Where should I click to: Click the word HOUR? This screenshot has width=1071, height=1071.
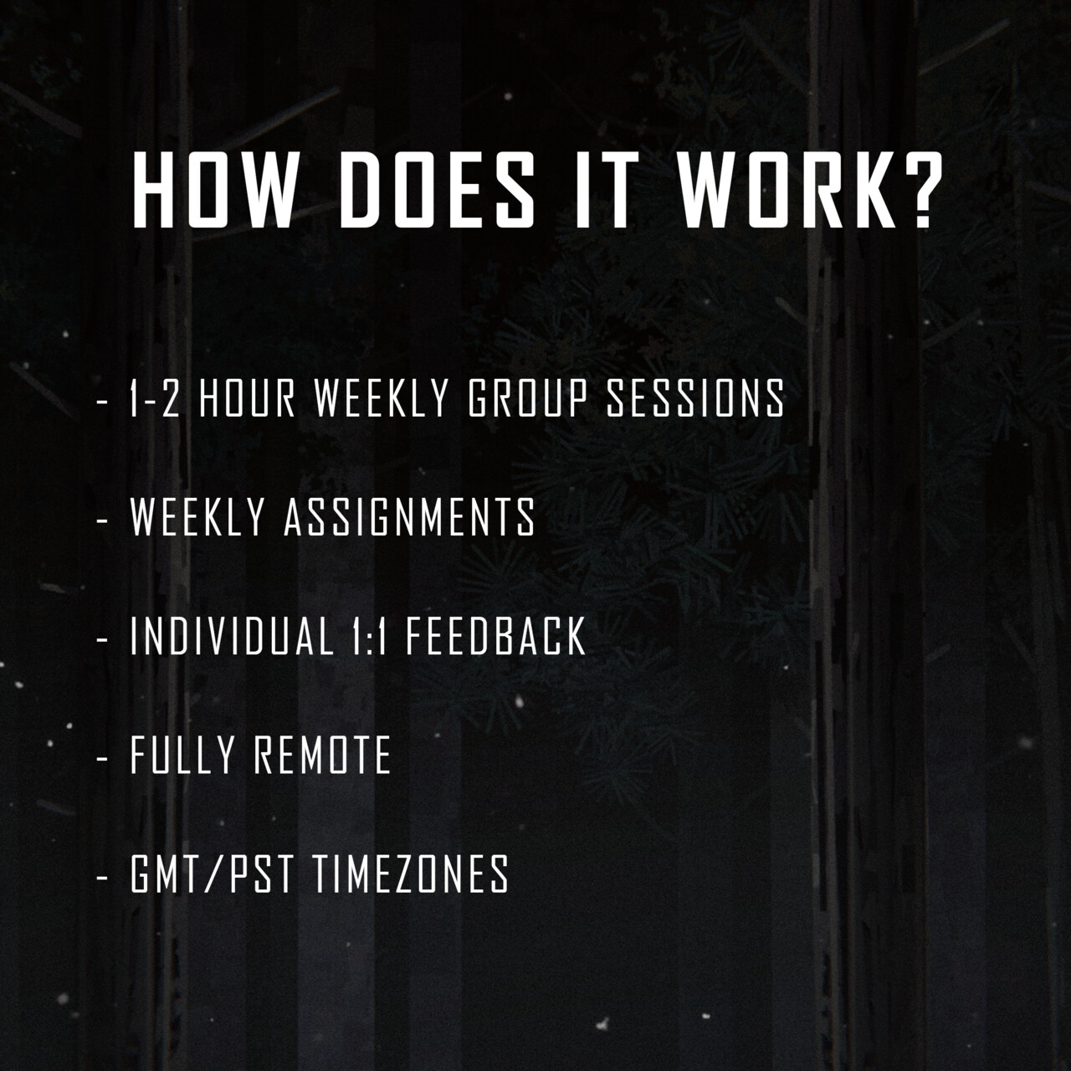247,398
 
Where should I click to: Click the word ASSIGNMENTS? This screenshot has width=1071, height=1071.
410,517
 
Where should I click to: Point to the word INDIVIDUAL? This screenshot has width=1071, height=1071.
232,637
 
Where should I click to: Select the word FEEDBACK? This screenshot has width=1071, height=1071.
496,637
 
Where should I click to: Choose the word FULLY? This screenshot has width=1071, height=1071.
182,756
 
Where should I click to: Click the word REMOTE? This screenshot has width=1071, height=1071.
323,756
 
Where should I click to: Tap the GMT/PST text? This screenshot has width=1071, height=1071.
212,874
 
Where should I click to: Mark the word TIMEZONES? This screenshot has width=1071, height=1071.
411,874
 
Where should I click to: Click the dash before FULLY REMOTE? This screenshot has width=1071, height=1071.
101,757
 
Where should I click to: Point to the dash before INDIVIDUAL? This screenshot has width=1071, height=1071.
101,638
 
